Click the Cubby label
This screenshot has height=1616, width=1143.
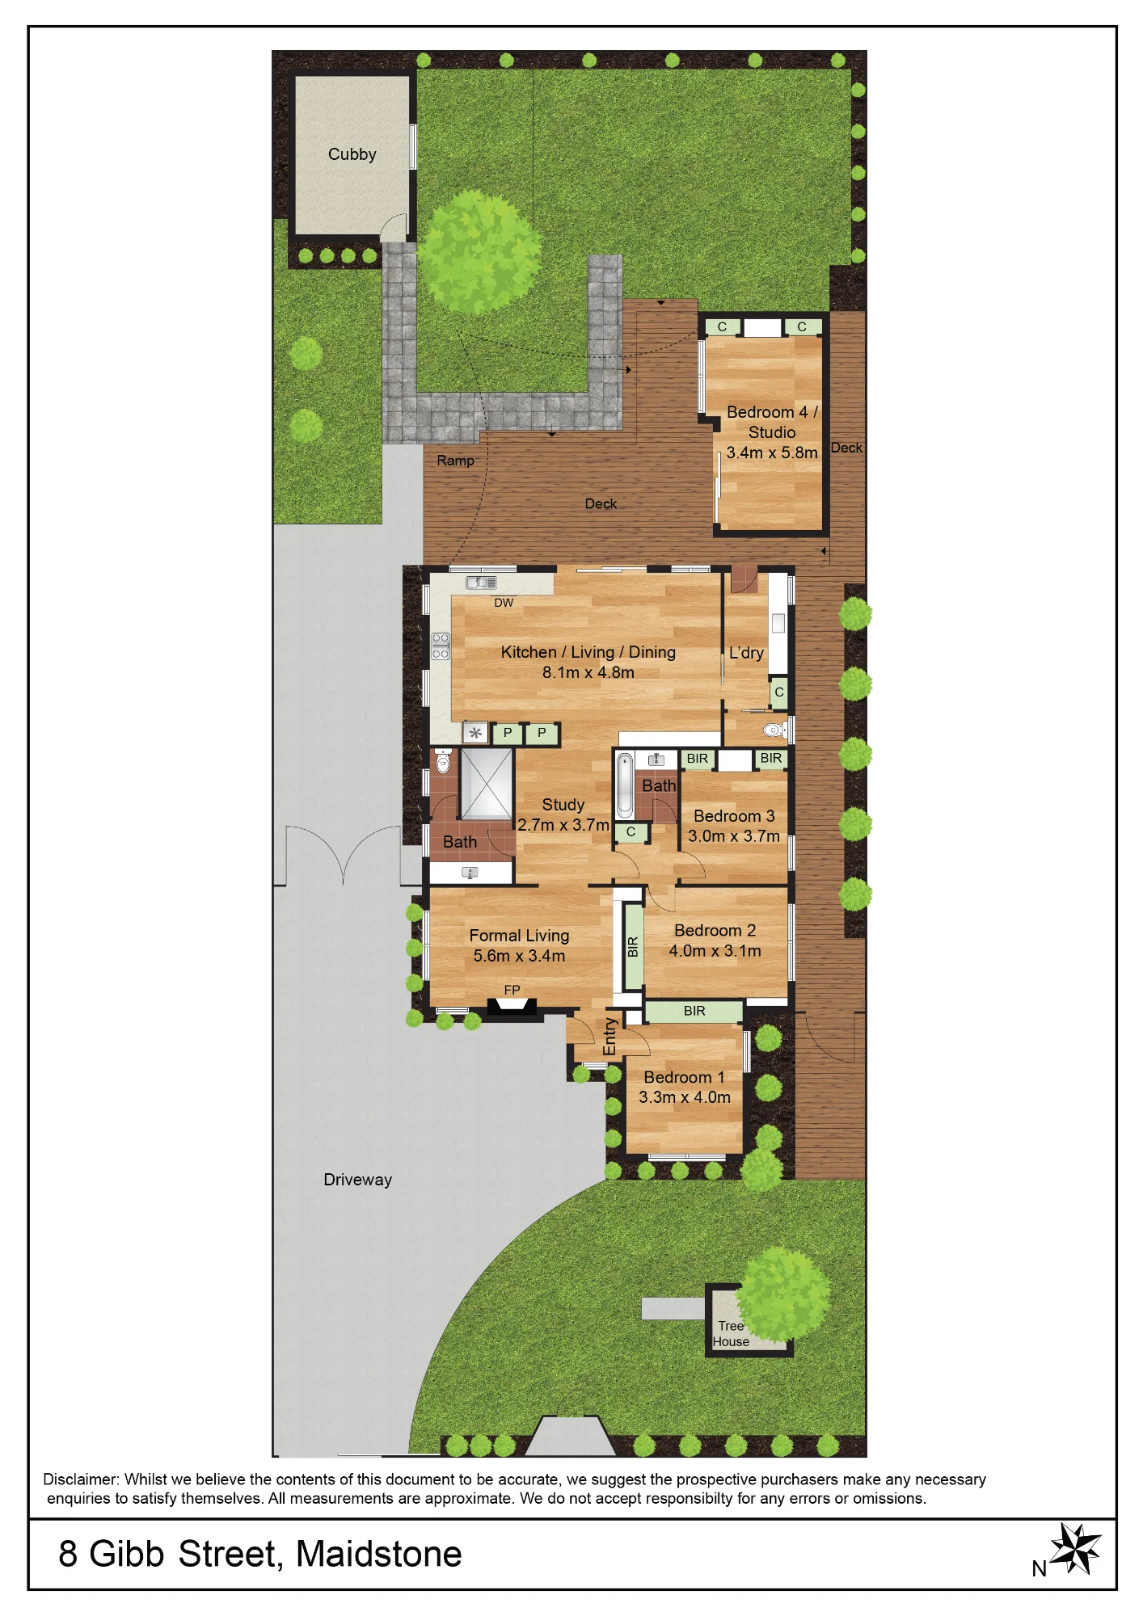[x=352, y=154]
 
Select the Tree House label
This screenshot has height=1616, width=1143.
[x=731, y=1333]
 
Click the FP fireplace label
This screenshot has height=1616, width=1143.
[x=512, y=990]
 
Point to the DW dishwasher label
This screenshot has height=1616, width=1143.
[x=504, y=603]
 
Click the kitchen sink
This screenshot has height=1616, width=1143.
[x=481, y=583]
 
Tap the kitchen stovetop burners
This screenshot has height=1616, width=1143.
[x=441, y=646]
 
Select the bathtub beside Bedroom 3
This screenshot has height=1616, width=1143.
[x=625, y=786]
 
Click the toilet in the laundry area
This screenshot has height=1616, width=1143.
[x=775, y=730]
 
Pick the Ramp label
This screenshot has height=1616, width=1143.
[x=455, y=461]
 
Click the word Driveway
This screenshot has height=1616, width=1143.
[x=357, y=1180]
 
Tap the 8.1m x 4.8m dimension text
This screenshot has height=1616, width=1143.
[x=588, y=672]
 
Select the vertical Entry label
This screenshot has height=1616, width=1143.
[x=609, y=1037]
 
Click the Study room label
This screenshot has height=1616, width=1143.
[x=563, y=805]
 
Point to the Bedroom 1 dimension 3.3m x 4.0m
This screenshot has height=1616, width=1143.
[x=685, y=1097]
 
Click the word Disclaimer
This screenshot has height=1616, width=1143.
[x=81, y=1479]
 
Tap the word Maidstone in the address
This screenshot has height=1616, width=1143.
[x=379, y=1555]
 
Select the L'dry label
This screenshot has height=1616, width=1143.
[x=746, y=653]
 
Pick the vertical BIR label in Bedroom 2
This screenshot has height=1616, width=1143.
[x=633, y=947]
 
